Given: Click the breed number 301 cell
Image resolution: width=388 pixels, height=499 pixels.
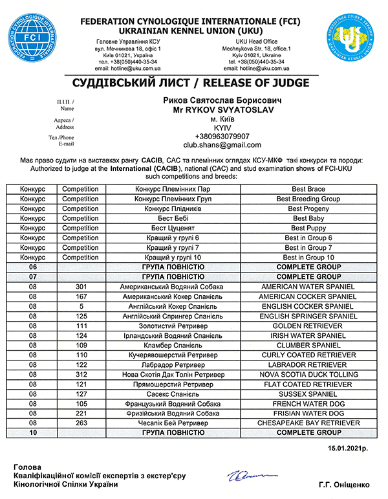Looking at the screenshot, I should point(81,287).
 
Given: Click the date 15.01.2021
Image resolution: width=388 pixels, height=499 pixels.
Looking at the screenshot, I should point(347,448).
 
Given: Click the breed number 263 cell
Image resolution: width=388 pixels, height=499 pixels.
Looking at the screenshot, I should point(81,423).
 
